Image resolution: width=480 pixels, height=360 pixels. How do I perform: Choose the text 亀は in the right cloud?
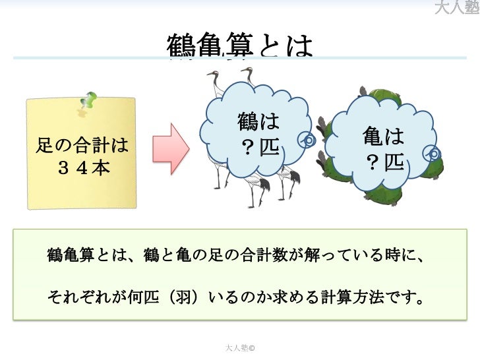(383, 137)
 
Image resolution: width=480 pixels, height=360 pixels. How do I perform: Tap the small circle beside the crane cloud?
(307, 140)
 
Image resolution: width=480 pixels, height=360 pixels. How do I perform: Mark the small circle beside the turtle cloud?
(433, 154)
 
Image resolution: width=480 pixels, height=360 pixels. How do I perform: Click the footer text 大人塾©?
(240, 346)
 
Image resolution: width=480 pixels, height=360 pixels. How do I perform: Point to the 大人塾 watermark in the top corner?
(457, 8)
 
